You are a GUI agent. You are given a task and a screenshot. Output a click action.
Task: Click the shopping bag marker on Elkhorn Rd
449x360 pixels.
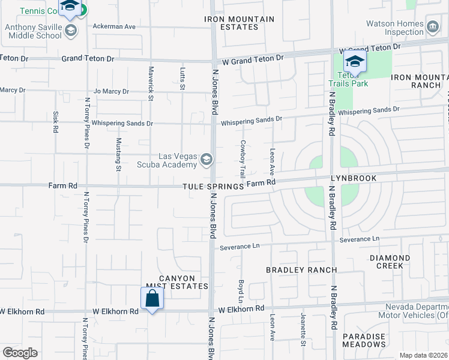pos(152,298)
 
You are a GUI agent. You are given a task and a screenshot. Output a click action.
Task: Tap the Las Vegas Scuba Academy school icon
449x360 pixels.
pos(206,159)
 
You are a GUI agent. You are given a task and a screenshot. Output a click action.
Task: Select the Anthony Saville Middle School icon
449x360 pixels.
pos(71,31)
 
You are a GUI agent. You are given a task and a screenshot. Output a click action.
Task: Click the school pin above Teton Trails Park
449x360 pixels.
pos(355,62)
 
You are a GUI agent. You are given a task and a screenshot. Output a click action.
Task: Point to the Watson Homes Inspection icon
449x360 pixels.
pos(432,27)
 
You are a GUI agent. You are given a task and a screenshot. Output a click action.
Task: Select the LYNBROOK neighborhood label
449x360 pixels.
pos(353,179)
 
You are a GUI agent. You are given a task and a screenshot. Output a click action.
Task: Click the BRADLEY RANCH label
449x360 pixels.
pos(301,270)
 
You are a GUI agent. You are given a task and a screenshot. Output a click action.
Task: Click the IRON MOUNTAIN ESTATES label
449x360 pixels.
pos(239,23)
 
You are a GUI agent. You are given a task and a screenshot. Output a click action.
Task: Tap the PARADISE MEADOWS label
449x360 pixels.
pos(364,340)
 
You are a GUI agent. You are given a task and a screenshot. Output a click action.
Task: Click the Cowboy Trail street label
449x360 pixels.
pos(243,158)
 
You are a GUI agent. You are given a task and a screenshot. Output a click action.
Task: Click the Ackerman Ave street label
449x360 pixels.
pos(115,27)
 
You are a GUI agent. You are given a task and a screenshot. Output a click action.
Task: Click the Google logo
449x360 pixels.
pos(20,352)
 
